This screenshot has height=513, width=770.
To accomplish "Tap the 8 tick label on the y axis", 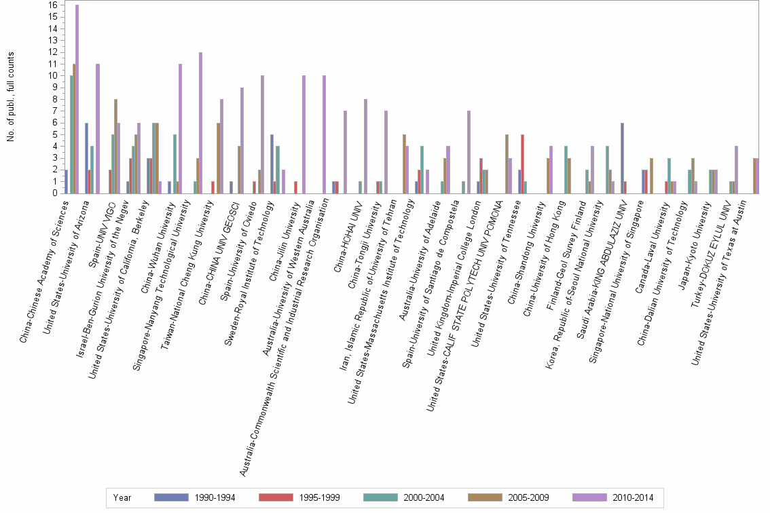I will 53,99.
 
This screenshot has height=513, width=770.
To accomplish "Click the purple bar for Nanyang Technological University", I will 201,123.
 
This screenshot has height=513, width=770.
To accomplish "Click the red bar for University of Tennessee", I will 522,164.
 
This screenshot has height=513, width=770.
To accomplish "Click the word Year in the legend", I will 122,498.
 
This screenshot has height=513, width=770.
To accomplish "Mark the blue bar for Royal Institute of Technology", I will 272,164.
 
